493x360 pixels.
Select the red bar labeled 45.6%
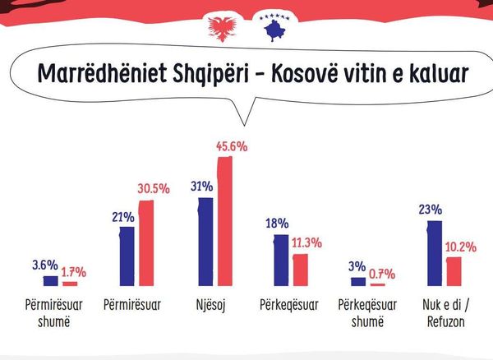225,221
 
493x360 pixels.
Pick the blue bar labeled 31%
205,242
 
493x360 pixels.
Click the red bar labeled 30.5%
146,243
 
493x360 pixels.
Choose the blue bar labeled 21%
127,256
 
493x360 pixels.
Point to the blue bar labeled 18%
281,261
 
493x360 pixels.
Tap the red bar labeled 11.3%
301,270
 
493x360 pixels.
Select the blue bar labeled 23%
435,253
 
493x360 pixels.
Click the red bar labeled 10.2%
454,272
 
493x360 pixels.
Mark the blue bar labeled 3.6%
51,281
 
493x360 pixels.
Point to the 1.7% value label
74,272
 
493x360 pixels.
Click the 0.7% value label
382,275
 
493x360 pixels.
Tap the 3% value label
357,266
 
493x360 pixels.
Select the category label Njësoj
210,305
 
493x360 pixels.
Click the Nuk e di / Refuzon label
446,313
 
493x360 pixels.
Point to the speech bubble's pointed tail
244,125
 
